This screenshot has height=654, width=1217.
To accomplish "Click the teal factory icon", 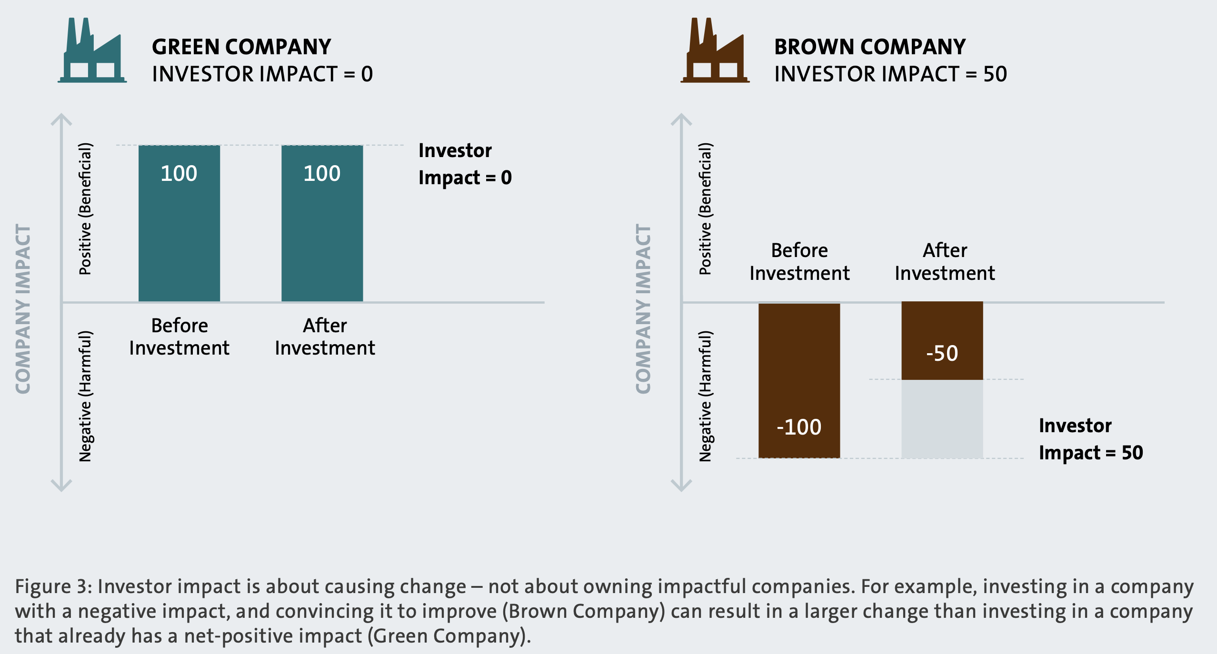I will click(x=92, y=52).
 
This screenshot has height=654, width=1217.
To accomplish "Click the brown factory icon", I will click(x=714, y=52).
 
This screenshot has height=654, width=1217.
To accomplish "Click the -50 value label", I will click(x=942, y=354).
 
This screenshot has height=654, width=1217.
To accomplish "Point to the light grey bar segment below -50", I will click(x=942, y=419).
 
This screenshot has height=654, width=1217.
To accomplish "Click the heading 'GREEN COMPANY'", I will click(x=241, y=47).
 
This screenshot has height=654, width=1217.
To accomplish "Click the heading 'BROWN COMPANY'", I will click(x=869, y=47).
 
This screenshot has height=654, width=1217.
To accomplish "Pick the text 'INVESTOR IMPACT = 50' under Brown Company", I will click(x=890, y=74).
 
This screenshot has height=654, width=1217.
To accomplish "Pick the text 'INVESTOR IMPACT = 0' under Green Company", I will click(x=262, y=74).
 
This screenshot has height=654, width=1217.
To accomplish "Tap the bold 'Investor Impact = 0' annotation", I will click(x=465, y=164).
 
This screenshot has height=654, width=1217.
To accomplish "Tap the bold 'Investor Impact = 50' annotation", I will click(x=1090, y=439).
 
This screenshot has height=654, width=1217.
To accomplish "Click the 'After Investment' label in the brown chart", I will click(x=945, y=262).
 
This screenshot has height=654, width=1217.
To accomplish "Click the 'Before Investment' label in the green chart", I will click(x=180, y=337).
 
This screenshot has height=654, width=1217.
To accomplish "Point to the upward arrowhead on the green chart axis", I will click(x=61, y=119).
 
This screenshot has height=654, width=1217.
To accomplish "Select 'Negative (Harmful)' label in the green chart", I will click(x=85, y=396).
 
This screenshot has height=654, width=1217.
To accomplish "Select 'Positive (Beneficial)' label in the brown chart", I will click(x=705, y=208).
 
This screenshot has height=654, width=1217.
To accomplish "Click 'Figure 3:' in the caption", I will click(x=53, y=586).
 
